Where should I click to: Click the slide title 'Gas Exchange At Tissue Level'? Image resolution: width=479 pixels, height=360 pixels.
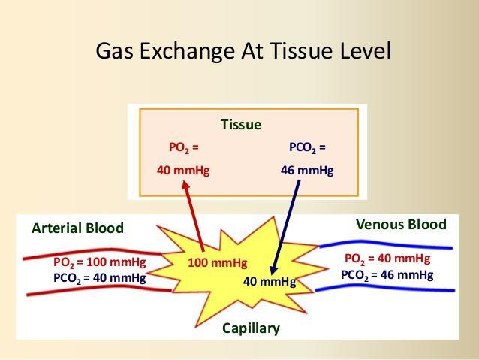(x=243, y=51)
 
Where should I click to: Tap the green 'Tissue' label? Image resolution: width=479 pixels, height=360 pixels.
(x=241, y=125)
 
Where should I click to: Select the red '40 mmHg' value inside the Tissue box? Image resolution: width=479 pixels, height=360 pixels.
(x=183, y=170)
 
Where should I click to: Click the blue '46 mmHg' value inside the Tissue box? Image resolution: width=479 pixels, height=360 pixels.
(x=307, y=170)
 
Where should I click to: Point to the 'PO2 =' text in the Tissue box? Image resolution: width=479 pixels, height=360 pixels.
(x=184, y=148)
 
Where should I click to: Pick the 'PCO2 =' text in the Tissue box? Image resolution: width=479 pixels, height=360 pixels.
(x=307, y=148)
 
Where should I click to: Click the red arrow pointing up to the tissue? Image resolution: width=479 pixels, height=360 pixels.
(x=193, y=216)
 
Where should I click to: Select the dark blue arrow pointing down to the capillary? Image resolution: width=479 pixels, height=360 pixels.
(x=285, y=227)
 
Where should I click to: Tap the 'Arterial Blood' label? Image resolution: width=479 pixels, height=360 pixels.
(x=77, y=228)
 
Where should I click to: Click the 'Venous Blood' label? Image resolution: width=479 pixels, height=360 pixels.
(x=401, y=224)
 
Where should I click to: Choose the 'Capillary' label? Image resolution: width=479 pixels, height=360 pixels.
(x=251, y=328)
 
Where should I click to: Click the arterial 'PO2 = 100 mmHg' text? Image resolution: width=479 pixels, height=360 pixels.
(x=100, y=262)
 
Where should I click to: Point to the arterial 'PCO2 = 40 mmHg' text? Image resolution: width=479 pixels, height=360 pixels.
(x=100, y=278)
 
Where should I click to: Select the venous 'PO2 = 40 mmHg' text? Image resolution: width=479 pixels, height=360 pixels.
(x=387, y=259)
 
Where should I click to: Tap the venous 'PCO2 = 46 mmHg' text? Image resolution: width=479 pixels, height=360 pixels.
(x=387, y=274)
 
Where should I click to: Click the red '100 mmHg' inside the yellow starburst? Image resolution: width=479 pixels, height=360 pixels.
(x=218, y=263)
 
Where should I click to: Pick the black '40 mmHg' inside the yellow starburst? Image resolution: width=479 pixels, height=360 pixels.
(x=270, y=281)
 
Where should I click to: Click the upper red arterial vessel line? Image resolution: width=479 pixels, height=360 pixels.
(x=92, y=252)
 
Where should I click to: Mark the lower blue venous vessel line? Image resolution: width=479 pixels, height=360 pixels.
(x=385, y=288)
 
